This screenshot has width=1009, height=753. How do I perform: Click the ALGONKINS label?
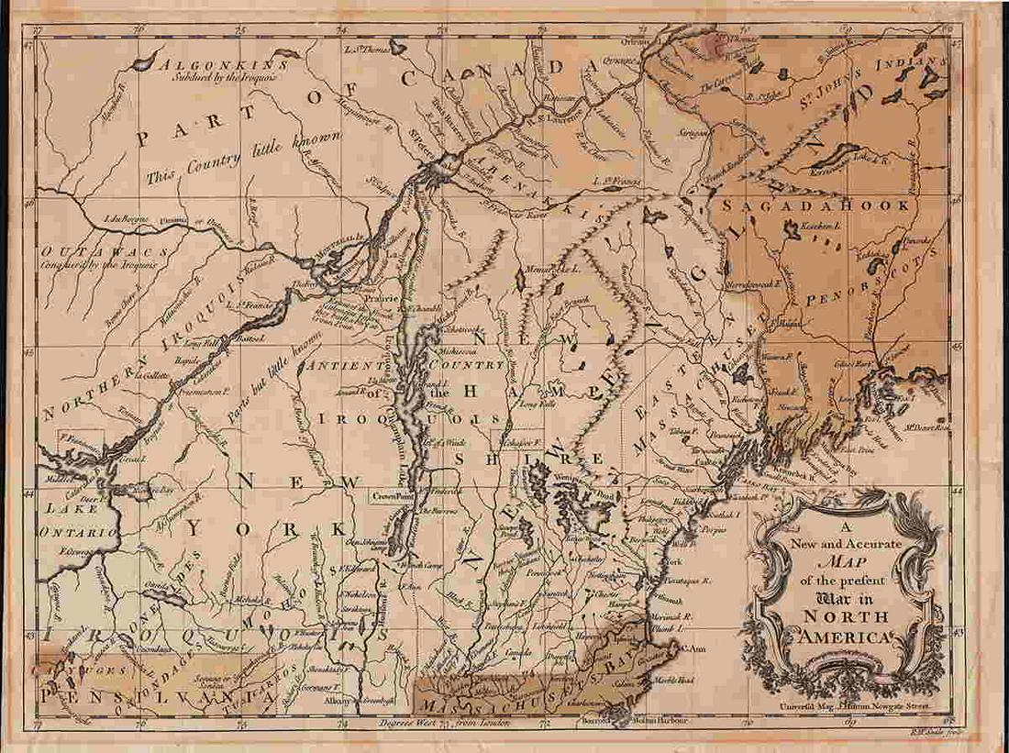217,64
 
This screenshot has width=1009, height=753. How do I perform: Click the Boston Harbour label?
660,720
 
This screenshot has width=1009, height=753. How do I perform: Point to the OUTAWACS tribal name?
103,250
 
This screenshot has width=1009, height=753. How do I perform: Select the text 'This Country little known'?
236,154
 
